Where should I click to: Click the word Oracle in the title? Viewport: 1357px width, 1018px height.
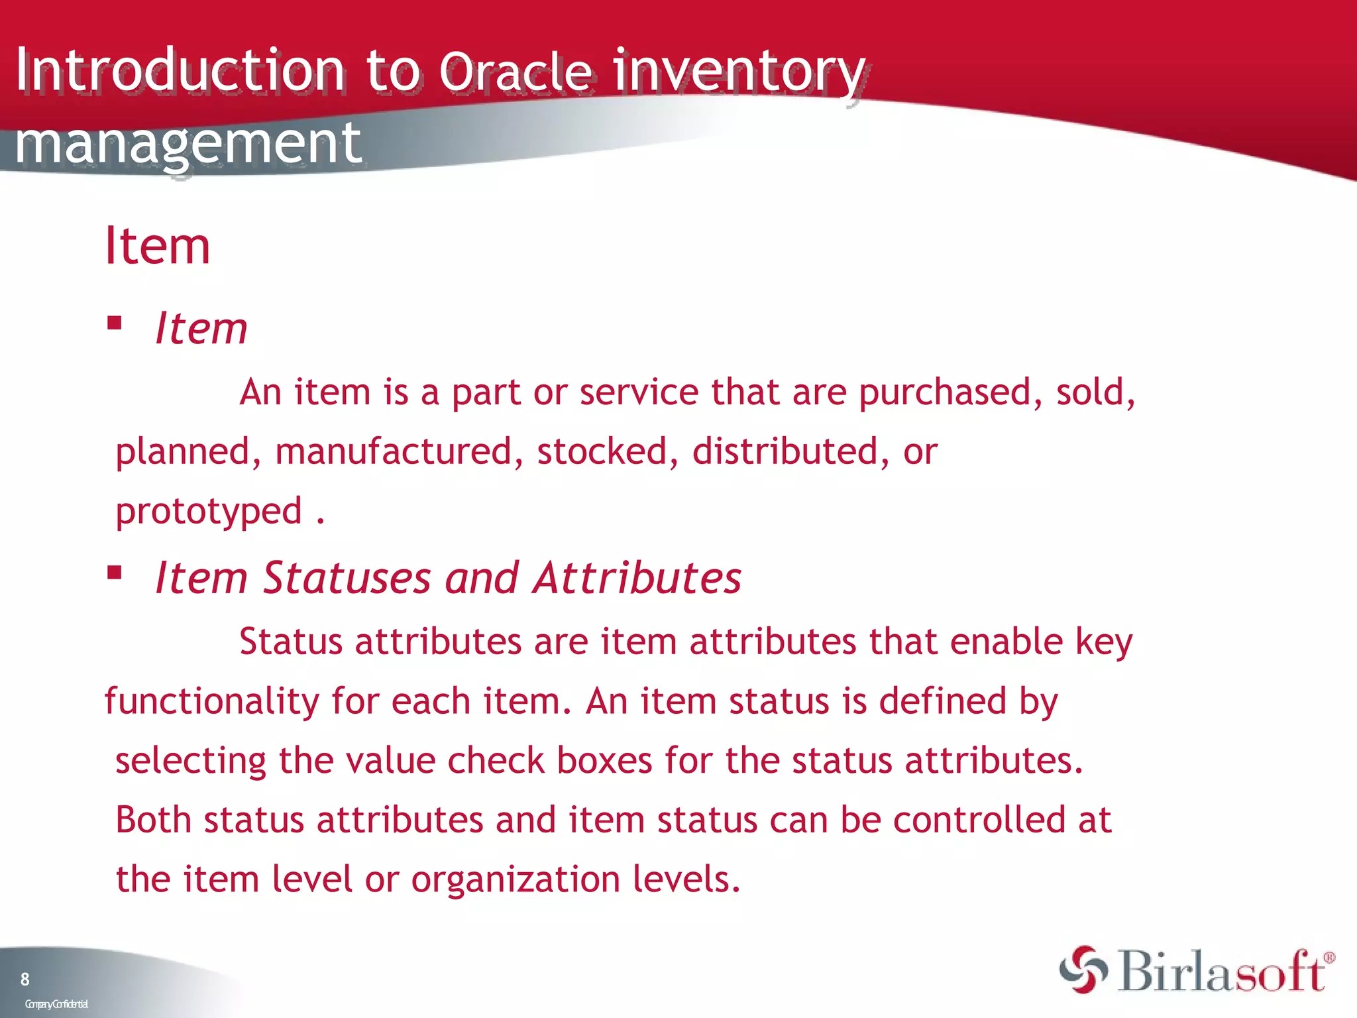coord(515,72)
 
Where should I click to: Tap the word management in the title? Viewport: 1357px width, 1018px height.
coord(188,143)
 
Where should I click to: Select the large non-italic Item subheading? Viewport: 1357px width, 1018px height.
coord(158,246)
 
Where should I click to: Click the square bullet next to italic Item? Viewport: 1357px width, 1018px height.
coord(115,323)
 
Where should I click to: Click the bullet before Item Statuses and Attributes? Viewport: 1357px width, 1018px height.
coord(115,572)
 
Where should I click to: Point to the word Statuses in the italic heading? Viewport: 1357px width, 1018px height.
coord(347,578)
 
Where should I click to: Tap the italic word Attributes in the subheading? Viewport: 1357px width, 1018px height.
coord(637,578)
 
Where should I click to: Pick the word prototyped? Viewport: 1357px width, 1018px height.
coord(209,512)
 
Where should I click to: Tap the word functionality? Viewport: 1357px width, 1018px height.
coord(211,701)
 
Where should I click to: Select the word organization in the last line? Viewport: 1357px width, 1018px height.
coord(516,879)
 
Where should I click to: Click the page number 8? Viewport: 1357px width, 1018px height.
coord(25,979)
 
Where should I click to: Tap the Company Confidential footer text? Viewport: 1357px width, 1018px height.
coord(56,1004)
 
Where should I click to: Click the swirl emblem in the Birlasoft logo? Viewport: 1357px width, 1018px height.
coord(1083,970)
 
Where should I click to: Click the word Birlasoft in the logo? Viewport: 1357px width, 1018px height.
coord(1223,972)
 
